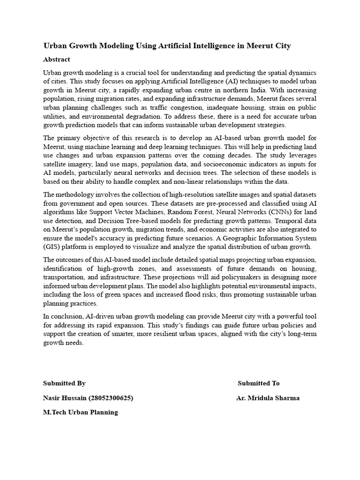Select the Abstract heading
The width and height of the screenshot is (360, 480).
57,60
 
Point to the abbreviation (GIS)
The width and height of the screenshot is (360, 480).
52,247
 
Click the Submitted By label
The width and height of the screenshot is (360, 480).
64,383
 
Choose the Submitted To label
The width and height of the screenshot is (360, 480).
258,383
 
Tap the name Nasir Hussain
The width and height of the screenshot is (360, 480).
65,398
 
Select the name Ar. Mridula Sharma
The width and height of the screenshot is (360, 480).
268,398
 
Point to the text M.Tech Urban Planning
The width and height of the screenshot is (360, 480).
81,412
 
